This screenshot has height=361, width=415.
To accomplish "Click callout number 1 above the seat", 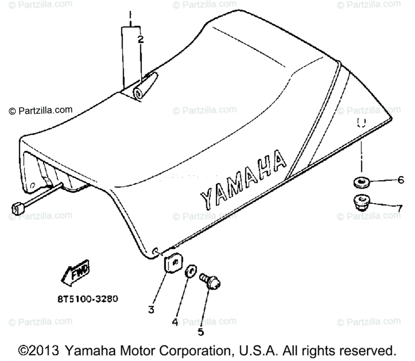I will (x=130, y=15).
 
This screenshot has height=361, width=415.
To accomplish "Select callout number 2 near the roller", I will (x=140, y=39).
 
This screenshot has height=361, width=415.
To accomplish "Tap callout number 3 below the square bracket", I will (x=151, y=309).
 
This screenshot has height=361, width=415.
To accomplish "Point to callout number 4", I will (x=175, y=322).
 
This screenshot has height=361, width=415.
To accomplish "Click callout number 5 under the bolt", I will (x=201, y=332).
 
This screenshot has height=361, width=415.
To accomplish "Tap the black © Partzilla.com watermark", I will (x=41, y=111).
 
